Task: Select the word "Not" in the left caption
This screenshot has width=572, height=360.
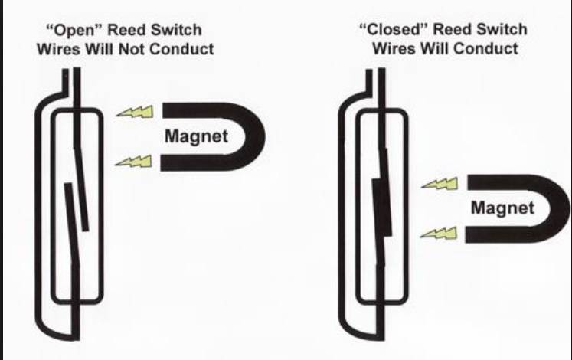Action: click(132, 49)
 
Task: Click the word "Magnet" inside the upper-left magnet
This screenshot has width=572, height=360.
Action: click(196, 136)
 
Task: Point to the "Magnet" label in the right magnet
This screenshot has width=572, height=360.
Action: click(502, 208)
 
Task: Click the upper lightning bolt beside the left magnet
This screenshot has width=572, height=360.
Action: click(135, 112)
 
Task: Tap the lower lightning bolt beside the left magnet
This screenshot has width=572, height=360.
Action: click(133, 161)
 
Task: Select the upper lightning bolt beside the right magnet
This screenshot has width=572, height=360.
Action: click(440, 184)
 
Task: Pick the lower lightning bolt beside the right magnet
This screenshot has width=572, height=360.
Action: click(439, 233)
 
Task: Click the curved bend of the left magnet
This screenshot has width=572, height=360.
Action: click(255, 136)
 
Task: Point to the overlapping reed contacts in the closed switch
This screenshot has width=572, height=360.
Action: click(381, 207)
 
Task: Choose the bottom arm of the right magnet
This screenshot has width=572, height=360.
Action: click(503, 235)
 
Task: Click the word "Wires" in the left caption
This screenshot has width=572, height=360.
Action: click(58, 49)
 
